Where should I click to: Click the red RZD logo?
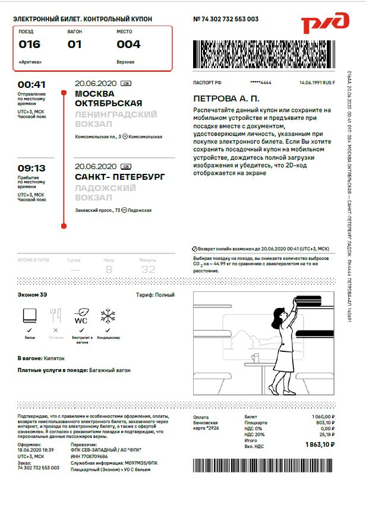pos(324,24)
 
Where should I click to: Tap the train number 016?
pos(30,45)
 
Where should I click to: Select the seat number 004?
pos(128,45)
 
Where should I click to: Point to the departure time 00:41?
pos(31,84)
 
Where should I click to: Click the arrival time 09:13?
pos(31,168)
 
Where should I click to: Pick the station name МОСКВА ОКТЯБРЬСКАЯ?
pos(109,98)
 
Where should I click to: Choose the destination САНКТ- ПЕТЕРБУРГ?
pos(120,177)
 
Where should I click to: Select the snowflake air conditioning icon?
pos(108,314)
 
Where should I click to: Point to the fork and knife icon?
pos(55,314)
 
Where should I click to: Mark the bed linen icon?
pos(30,314)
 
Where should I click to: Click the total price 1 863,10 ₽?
pos(320,444)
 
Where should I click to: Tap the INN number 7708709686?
pos(91,456)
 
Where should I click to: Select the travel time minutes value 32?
pos(147,269)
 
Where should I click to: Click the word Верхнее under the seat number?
pos(125,62)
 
